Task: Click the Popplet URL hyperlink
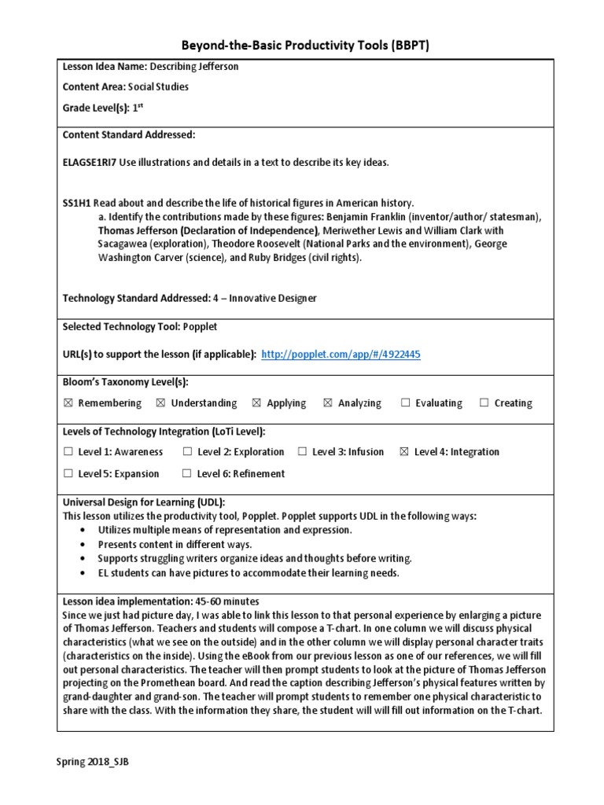(x=341, y=355)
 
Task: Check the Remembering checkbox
(x=68, y=403)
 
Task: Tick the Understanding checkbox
(x=161, y=403)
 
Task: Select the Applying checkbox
(x=256, y=403)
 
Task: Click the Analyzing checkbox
(x=328, y=403)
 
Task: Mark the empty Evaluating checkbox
(x=406, y=403)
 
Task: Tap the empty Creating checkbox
(x=484, y=403)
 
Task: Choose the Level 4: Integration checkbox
(x=404, y=452)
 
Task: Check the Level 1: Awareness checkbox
(x=68, y=452)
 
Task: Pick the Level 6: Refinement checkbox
(x=186, y=474)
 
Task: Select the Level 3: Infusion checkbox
(x=302, y=452)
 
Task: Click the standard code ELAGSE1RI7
(x=90, y=163)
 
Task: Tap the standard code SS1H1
(x=76, y=203)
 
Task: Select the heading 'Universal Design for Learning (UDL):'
(x=143, y=502)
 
